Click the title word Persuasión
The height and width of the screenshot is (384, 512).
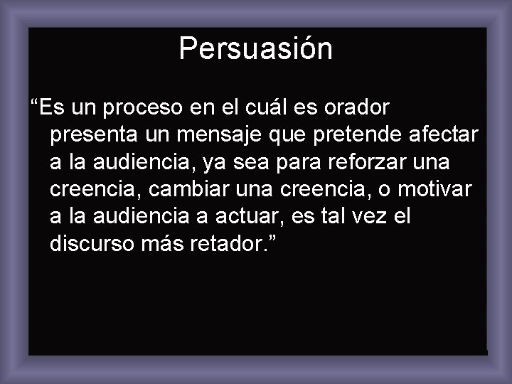click(255, 48)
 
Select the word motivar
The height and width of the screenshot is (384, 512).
click(437, 189)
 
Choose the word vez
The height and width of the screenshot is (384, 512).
click(373, 216)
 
